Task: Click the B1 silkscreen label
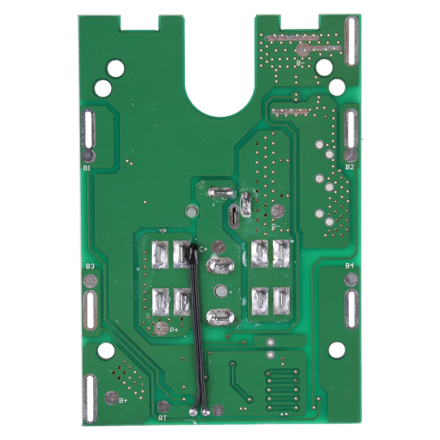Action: tap(87, 168)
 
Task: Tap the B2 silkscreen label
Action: tap(350, 167)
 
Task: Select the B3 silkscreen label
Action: tap(90, 266)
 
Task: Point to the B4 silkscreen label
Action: tap(350, 266)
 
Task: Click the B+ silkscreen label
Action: tap(123, 400)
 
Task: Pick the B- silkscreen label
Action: tap(300, 63)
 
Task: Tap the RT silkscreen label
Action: tap(162, 419)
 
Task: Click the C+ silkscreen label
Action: tap(204, 249)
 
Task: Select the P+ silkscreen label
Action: tap(174, 330)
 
